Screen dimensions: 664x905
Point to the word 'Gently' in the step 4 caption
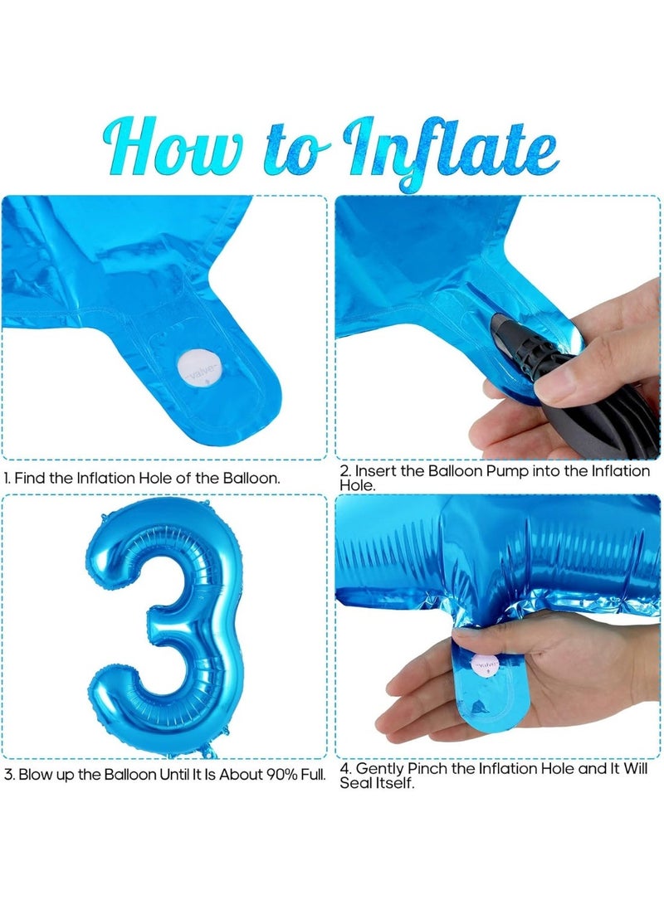pyautogui.click(x=380, y=769)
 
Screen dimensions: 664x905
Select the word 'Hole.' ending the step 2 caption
pyautogui.click(x=358, y=485)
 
